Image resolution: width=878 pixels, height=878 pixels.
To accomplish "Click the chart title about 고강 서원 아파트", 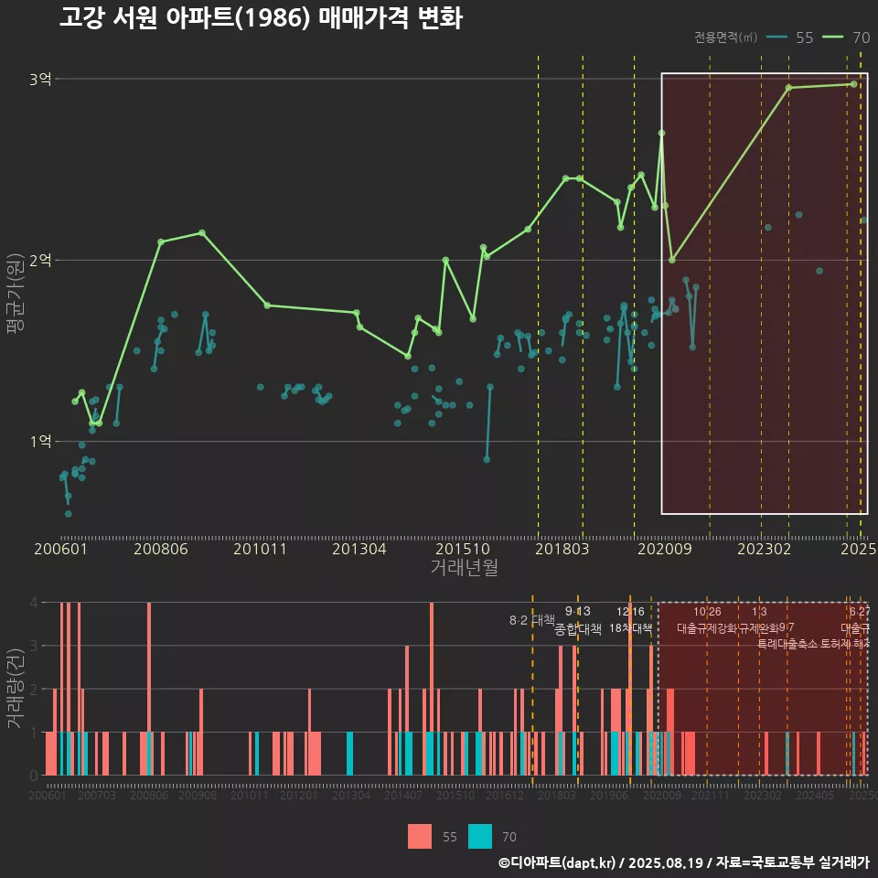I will click(x=261, y=18).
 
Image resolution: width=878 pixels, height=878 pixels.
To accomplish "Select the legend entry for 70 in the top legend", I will click(x=845, y=37).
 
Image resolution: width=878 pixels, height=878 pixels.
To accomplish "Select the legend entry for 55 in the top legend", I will click(x=790, y=37).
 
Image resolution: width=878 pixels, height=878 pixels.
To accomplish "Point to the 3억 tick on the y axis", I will click(x=40, y=80).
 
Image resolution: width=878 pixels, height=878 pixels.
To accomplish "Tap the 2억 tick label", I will click(x=40, y=261).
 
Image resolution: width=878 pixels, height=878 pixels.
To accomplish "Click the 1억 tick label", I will click(x=40, y=442).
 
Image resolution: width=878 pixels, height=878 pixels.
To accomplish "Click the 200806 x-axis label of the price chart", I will click(x=161, y=549).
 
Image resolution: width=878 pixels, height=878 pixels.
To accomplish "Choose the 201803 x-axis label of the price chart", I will click(x=561, y=549).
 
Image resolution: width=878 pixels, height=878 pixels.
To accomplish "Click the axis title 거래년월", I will click(x=464, y=567).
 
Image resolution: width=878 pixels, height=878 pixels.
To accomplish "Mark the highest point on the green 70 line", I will click(x=853, y=84).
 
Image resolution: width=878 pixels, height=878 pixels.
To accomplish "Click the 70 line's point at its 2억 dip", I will click(x=672, y=260).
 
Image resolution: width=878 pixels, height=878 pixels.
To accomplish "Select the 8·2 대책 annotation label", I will click(x=532, y=620).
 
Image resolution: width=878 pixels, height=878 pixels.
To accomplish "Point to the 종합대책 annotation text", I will click(x=578, y=629).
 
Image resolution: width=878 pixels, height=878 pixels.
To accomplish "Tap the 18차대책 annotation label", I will click(x=630, y=628).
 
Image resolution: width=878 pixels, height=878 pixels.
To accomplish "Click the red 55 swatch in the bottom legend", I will click(x=420, y=836).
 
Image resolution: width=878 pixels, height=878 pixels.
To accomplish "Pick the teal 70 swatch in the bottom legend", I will click(x=479, y=836).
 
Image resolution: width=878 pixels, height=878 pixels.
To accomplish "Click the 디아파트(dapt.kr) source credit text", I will click(x=558, y=862).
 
